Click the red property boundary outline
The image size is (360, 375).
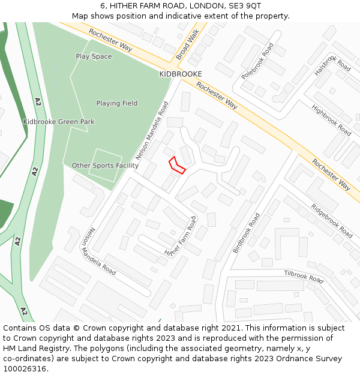click(176, 165)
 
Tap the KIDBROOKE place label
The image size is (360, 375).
click(180, 74)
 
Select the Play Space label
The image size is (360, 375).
click(94, 56)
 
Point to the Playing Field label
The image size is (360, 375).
click(117, 103)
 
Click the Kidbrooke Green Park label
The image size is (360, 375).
click(59, 122)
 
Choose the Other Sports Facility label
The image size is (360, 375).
click(105, 166)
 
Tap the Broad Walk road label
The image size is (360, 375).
click(187, 46)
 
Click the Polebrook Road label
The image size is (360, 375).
click(257, 61)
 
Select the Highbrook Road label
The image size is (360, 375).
click(332, 120)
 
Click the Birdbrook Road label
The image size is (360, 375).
click(247, 232)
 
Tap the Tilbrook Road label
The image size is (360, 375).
click(304, 277)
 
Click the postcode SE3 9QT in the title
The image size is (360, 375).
click(245, 5)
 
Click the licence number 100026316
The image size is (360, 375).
click(25, 369)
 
